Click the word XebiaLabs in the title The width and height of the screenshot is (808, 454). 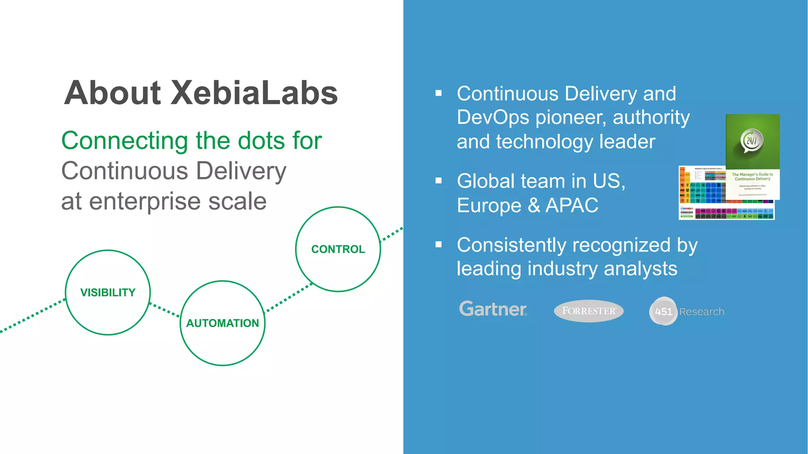(x=254, y=93)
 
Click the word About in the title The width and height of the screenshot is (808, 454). (x=112, y=93)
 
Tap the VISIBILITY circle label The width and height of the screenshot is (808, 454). (x=108, y=292)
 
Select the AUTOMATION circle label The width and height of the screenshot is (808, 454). (x=223, y=323)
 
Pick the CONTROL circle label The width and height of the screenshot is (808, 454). (x=338, y=249)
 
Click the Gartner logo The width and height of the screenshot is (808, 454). (x=493, y=309)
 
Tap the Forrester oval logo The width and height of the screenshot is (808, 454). (x=589, y=311)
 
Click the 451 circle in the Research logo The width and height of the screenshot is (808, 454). (x=663, y=311)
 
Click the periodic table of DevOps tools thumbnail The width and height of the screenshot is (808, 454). (x=702, y=193)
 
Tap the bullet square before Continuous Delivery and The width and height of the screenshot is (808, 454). (x=438, y=93)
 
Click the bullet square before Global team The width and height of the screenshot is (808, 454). (x=438, y=181)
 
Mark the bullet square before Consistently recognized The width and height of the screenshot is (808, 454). (x=438, y=245)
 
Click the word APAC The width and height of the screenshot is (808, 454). (x=572, y=205)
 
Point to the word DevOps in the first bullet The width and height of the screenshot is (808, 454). (x=493, y=117)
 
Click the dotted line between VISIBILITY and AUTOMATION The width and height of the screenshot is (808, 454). (x=165, y=310)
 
